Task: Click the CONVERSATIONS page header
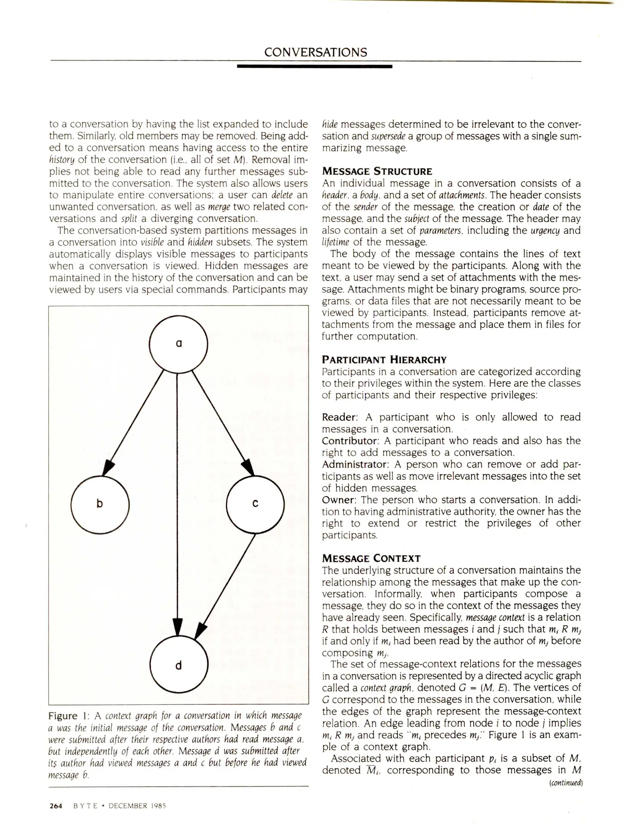315,52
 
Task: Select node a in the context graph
178,344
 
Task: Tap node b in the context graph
100,504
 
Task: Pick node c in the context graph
255,504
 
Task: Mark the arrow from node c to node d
226,586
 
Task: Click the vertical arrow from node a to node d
177,498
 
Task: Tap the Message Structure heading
377,171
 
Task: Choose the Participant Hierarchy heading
384,360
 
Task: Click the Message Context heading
371,558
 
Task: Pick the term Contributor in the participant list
349,441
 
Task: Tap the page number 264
56,806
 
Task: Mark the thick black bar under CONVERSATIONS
315,67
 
